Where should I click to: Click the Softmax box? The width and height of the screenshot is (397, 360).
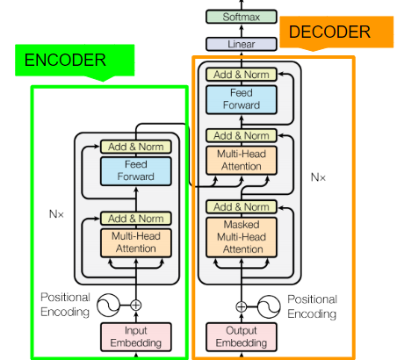(242, 17)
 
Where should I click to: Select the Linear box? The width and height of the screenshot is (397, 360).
(242, 44)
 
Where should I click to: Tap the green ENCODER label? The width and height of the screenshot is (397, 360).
(75, 61)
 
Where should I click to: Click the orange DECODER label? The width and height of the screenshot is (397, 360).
(336, 32)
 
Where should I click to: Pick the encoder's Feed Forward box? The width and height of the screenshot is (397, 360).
(136, 171)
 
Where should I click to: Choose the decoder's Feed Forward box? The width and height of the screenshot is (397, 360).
(242, 99)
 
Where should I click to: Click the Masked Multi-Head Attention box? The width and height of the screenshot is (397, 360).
(242, 237)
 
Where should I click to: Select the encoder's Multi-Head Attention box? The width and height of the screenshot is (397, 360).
(136, 242)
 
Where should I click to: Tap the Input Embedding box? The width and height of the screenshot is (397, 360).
(136, 337)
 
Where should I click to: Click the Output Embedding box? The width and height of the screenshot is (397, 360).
(242, 337)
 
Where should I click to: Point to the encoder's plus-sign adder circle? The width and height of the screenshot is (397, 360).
(136, 306)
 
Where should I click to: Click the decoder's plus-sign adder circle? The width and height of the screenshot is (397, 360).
(242, 306)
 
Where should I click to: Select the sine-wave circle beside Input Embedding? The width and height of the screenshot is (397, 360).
(108, 306)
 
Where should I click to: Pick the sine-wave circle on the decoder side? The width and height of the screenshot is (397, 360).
(269, 306)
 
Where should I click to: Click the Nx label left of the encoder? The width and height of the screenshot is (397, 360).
(56, 214)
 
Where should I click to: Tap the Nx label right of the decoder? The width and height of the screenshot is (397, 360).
(318, 177)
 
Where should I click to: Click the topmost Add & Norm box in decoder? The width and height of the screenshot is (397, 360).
(242, 75)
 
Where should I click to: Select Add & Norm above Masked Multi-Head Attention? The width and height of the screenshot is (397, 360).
(242, 206)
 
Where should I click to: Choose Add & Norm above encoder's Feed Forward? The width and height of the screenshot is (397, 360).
(136, 147)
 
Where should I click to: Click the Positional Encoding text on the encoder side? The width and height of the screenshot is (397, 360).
(65, 305)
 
